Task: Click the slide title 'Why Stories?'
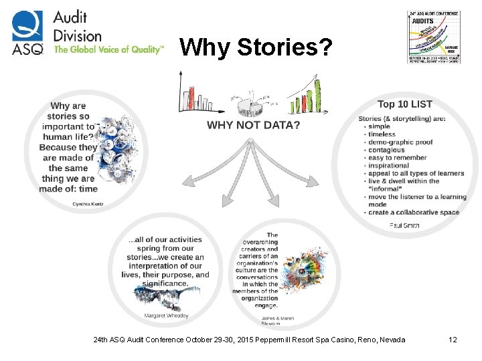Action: click(x=255, y=47)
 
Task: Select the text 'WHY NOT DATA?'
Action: click(x=253, y=125)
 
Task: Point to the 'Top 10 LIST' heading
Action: click(x=404, y=104)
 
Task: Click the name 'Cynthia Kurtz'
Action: click(x=88, y=203)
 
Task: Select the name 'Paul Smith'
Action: click(x=404, y=225)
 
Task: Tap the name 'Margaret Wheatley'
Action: click(x=167, y=316)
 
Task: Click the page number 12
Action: click(x=453, y=340)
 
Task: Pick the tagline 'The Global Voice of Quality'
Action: click(x=108, y=50)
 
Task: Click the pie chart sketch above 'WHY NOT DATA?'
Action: click(x=252, y=103)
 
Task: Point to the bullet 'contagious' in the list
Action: click(x=386, y=150)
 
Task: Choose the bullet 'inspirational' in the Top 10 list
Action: click(x=388, y=166)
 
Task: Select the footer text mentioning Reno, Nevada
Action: click(x=250, y=340)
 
